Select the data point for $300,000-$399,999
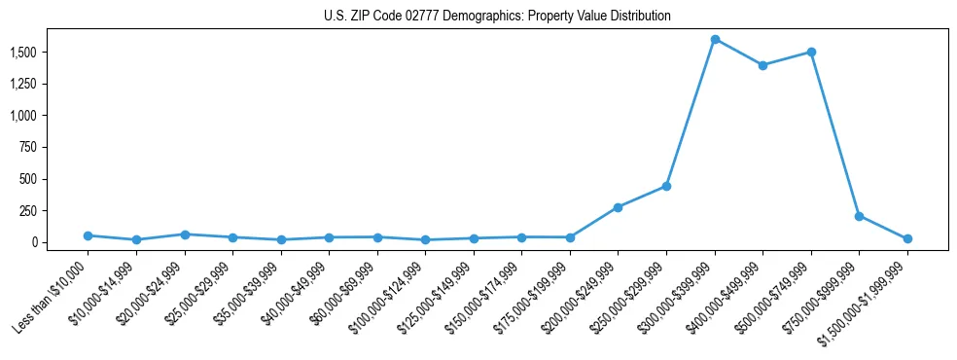pos(715,40)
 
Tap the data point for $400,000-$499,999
pos(762,65)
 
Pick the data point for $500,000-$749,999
pos(811,53)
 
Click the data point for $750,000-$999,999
pos(859,216)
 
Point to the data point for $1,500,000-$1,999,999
pos(907,238)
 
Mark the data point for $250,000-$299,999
pos(666,186)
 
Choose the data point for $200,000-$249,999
pos(619,207)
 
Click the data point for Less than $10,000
pos(89,235)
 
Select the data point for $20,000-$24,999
pos(185,234)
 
